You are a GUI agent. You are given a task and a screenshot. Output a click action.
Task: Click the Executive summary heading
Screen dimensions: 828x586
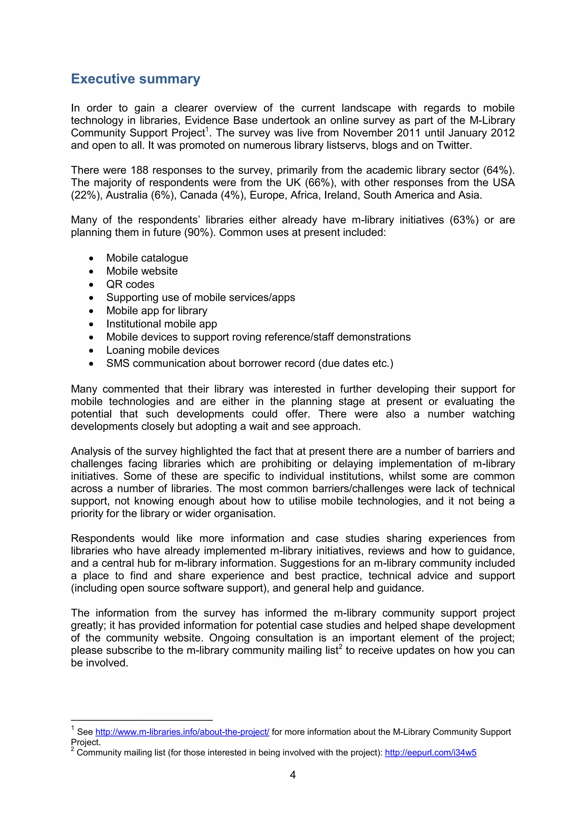tap(135, 79)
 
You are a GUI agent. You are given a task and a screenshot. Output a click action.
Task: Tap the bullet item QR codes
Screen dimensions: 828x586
tap(130, 284)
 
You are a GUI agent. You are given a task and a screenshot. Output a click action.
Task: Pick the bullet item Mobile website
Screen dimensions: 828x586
tap(142, 271)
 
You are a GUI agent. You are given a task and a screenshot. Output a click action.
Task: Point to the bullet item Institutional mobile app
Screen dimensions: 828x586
tap(161, 324)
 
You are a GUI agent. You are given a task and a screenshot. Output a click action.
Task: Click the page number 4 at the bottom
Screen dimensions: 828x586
tap(293, 774)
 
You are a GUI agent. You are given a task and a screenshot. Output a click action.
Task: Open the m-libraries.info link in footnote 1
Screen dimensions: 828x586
tap(182, 732)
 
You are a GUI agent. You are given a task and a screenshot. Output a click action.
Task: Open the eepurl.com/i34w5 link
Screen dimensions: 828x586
tap(430, 752)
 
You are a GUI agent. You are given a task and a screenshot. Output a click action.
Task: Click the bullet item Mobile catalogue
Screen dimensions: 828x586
tap(147, 258)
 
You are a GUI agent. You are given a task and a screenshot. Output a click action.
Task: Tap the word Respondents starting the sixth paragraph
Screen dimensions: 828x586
tap(102, 538)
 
